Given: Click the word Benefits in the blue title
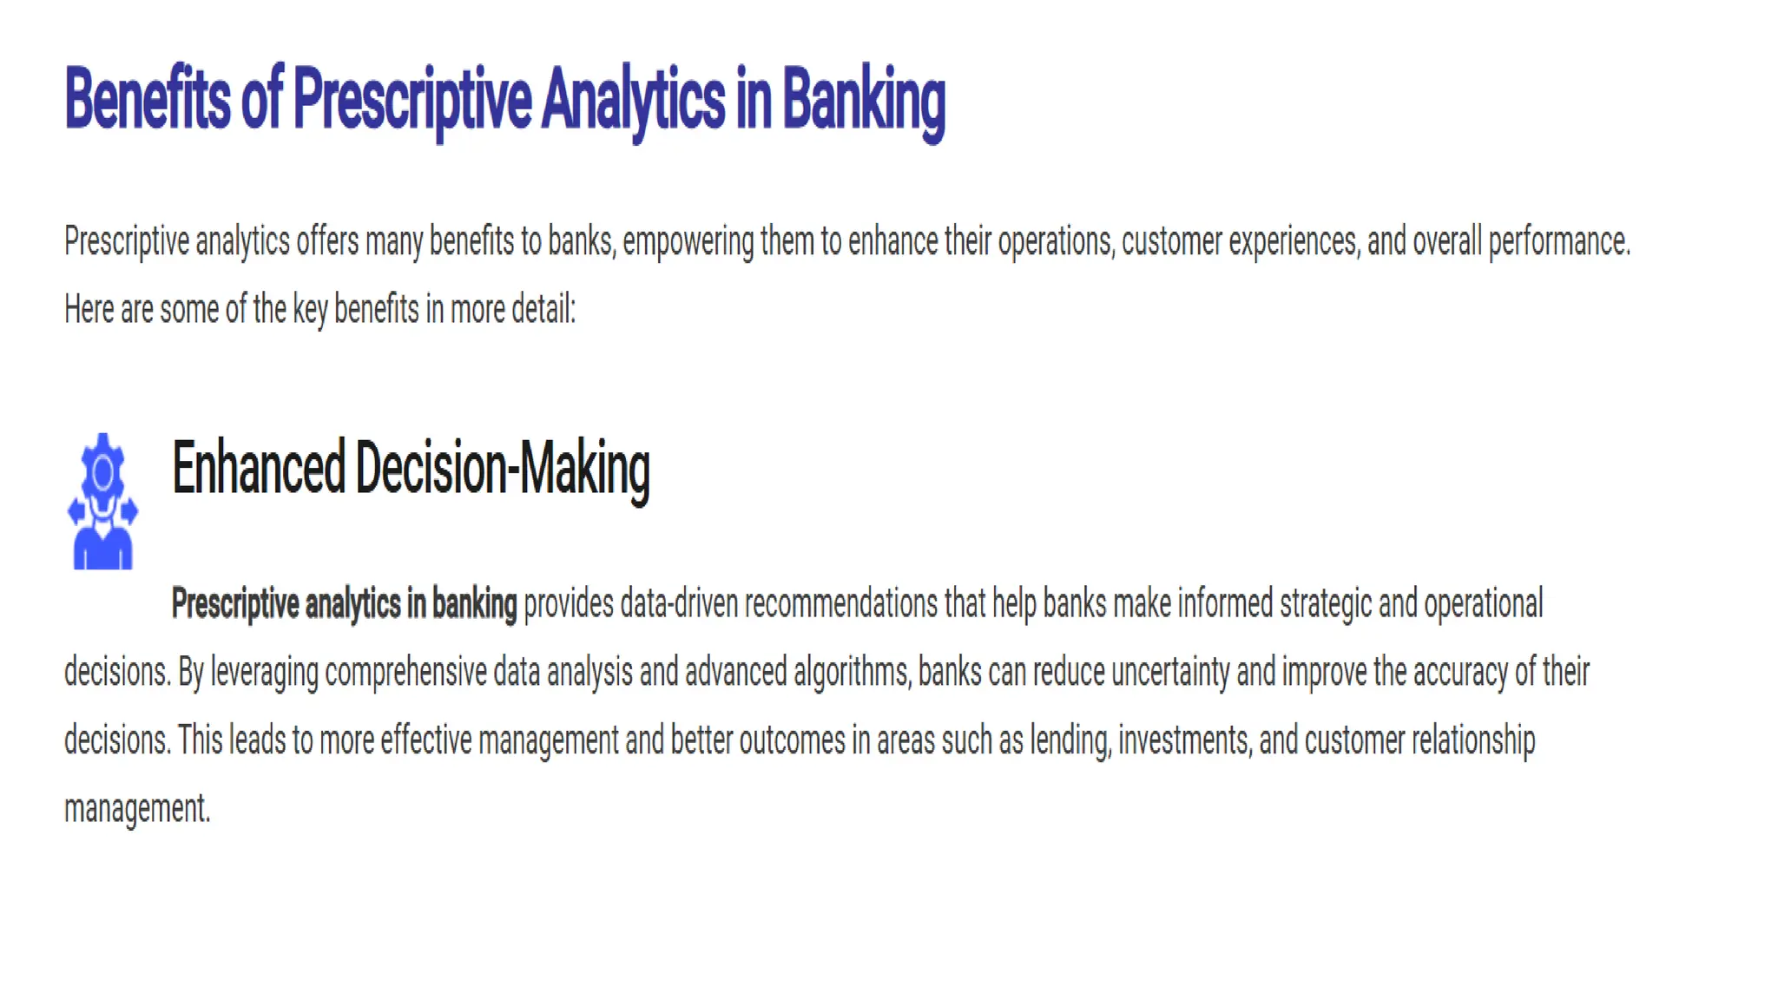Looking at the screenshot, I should [148, 99].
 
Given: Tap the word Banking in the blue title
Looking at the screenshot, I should [863, 101].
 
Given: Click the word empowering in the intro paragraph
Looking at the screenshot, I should [688, 241].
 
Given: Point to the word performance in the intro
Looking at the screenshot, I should [1558, 241].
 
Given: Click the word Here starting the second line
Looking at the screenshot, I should [89, 309].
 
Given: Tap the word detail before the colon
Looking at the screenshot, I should [542, 309].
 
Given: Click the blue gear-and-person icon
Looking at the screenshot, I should [102, 502].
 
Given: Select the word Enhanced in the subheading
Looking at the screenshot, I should [258, 468].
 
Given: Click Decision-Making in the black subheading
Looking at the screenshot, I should [503, 468].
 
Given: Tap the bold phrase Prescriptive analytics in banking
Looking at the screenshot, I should [344, 603].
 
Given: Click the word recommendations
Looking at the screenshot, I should [840, 603].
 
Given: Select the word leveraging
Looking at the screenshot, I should [264, 672].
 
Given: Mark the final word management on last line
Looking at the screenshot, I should [136, 809].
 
